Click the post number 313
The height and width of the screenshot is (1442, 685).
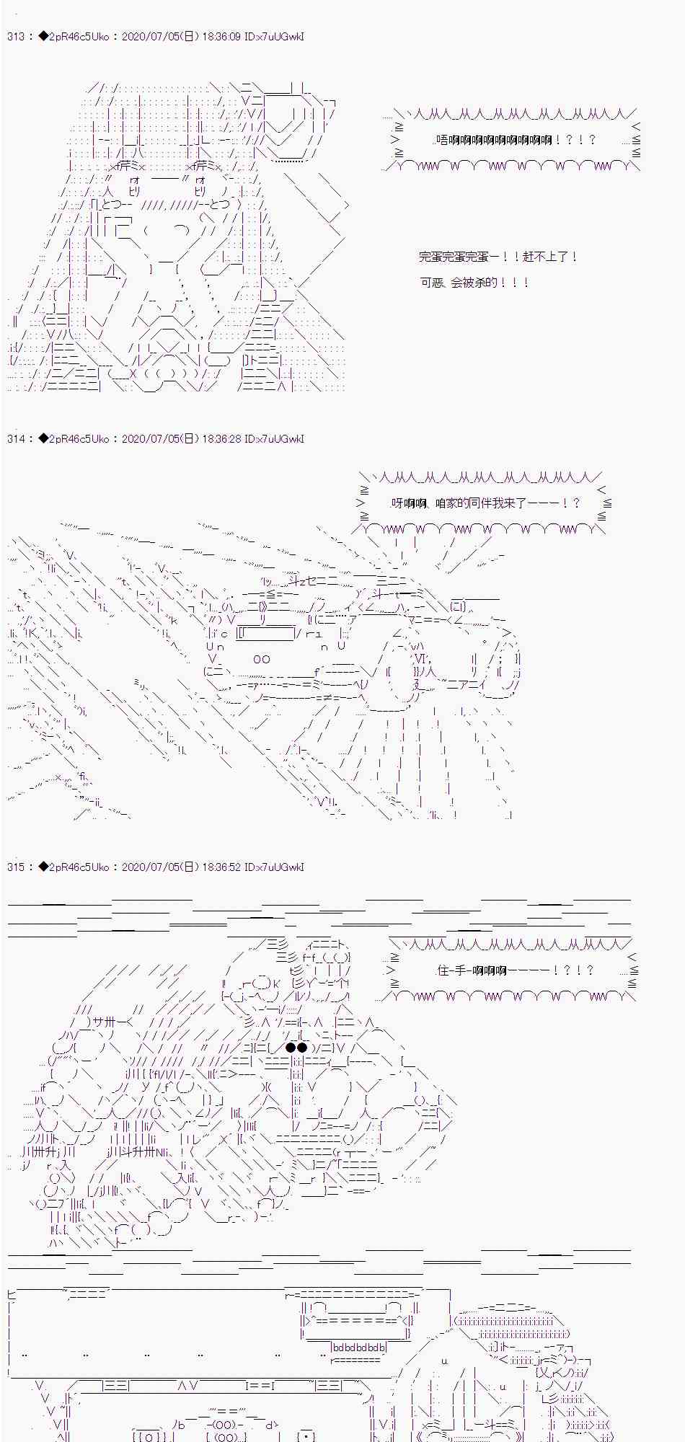point(15,37)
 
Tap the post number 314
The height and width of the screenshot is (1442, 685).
point(15,439)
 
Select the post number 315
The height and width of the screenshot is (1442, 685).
point(15,867)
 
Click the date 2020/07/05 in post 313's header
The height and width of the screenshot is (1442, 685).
point(153,37)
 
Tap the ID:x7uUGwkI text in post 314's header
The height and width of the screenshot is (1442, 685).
point(275,439)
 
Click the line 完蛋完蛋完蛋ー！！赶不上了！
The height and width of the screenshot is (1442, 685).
point(498,257)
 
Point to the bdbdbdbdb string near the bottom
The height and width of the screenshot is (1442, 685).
point(359,1347)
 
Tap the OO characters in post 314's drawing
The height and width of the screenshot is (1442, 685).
point(262,659)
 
